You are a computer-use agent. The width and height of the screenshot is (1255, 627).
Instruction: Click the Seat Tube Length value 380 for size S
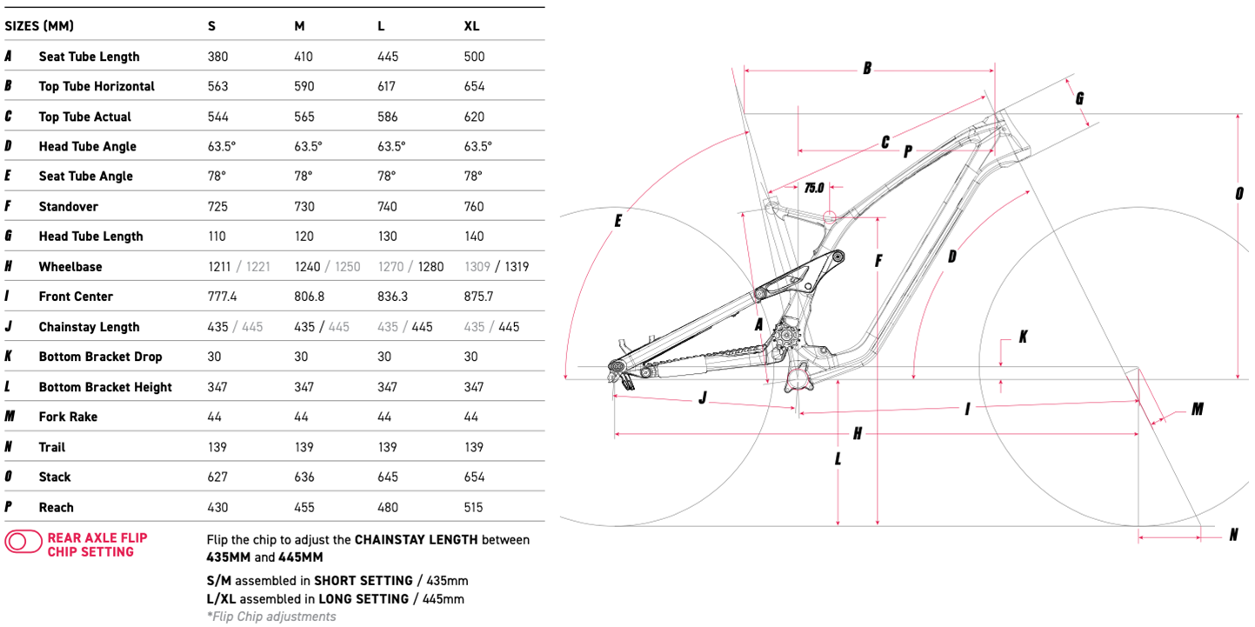coord(217,57)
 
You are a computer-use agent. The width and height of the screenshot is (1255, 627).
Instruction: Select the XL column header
coord(471,26)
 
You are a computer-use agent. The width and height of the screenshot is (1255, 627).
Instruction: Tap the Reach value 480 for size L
coord(388,507)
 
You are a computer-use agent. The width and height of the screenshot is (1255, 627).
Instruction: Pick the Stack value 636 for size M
coord(304,477)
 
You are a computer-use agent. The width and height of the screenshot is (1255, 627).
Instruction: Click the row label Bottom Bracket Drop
coord(100,357)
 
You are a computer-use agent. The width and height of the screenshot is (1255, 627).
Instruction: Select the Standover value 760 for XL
coord(475,206)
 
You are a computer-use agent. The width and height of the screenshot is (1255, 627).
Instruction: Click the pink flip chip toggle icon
coord(23,542)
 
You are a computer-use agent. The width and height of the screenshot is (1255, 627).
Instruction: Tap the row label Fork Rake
coord(68,417)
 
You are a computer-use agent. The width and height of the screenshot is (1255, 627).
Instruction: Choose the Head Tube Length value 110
coord(217,237)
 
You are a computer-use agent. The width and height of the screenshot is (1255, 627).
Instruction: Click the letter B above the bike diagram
coord(866,68)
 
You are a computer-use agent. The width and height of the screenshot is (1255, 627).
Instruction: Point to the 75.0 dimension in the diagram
coord(814,187)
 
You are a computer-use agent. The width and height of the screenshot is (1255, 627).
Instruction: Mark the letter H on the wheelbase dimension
coord(857,433)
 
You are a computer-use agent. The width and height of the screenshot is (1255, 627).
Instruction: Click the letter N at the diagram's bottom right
coord(1233,535)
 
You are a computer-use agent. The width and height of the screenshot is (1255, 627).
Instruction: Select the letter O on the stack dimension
coord(1238,194)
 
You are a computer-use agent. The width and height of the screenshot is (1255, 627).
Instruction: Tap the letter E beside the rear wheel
coord(618,221)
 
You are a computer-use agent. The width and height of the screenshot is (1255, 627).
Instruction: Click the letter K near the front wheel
coord(1023,336)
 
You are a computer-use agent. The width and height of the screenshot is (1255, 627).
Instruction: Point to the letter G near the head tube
coord(1079,98)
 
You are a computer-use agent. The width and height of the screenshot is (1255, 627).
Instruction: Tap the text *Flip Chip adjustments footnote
coord(270,617)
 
